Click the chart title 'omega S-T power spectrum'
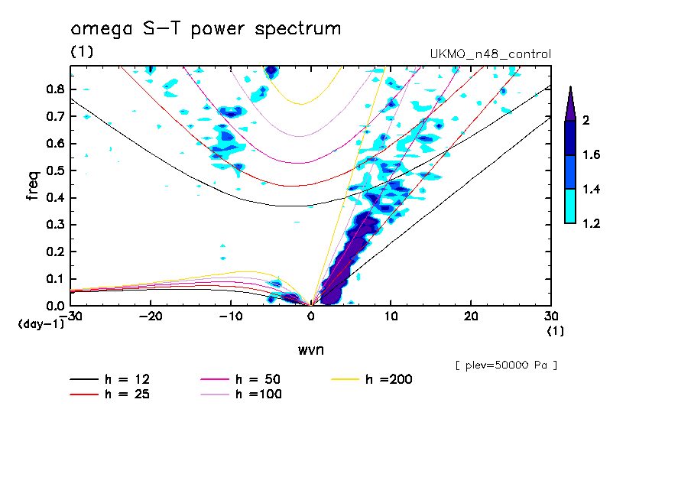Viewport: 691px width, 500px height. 206,29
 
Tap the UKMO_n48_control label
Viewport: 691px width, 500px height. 491,54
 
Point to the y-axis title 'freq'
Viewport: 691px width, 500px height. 33,185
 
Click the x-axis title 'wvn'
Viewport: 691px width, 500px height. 310,350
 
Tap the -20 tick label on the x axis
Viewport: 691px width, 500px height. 151,317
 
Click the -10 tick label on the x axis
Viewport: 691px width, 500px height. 230,317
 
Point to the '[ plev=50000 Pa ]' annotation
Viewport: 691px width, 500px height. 505,365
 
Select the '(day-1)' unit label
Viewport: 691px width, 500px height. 41,324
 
